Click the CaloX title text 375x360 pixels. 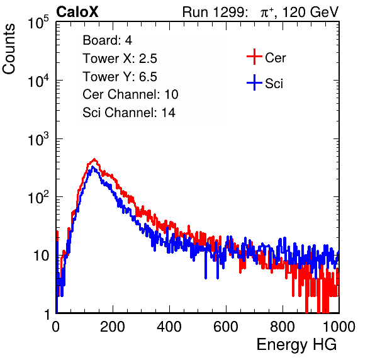[77, 12]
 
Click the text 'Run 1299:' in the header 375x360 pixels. [215, 12]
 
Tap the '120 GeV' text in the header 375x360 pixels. [311, 12]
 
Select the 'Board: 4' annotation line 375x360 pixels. [107, 40]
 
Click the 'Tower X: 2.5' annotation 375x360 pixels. [120, 59]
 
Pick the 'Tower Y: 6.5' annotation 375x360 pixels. [120, 77]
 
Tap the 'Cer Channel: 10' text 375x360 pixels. [130, 94]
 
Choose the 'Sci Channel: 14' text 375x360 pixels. [129, 113]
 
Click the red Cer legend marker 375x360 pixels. [254, 57]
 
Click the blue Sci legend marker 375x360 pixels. [254, 83]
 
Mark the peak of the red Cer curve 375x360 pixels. [94, 159]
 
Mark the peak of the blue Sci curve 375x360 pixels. [93, 167]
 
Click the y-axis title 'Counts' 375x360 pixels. [9, 49]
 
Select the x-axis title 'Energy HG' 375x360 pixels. [296, 345]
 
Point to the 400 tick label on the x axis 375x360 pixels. [169, 327]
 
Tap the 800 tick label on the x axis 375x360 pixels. [283, 327]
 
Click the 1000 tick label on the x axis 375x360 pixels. [339, 327]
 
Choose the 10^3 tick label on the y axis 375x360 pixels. [38, 139]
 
